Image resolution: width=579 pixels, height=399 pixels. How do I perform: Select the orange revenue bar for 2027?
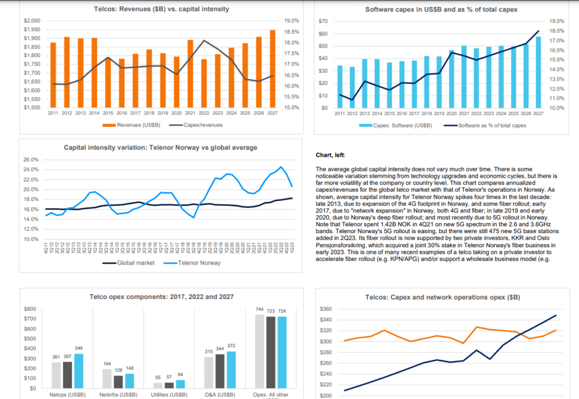[272, 68]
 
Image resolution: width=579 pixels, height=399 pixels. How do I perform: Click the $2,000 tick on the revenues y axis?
[32, 21]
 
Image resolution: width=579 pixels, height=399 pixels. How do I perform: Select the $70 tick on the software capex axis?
[323, 21]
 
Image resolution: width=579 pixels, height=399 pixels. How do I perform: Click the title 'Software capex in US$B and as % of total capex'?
[441, 10]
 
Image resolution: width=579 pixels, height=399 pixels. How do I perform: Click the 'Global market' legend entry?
[133, 263]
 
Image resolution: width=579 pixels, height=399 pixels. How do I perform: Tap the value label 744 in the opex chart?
[260, 309]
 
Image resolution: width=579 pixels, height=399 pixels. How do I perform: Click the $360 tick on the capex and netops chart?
[327, 309]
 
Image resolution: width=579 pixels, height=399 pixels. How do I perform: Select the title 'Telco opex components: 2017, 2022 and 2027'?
[161, 296]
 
